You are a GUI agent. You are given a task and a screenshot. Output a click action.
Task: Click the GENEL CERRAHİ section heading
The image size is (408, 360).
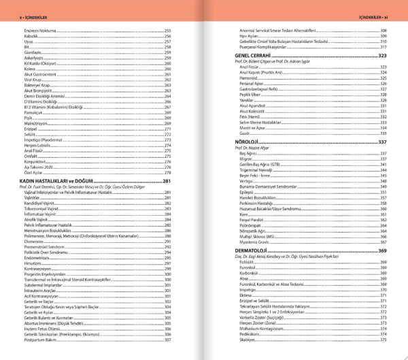click(253, 55)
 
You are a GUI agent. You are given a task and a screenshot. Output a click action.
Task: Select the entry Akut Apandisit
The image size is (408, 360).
click(254, 105)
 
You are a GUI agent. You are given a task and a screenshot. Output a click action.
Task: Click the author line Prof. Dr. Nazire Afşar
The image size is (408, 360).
click(253, 148)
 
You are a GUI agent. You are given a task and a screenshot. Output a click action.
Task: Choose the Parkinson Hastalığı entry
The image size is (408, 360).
click(256, 202)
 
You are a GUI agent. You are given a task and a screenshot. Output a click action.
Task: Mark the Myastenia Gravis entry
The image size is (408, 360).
click(256, 241)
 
